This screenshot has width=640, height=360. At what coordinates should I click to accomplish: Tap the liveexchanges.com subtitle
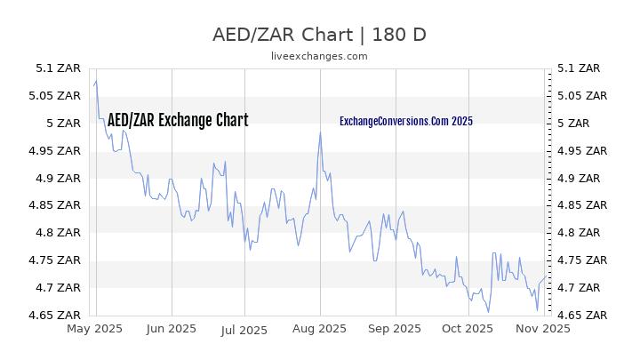319,55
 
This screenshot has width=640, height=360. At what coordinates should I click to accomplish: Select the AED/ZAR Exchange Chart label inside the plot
178,121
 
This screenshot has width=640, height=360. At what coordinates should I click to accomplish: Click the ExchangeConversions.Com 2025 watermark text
406,121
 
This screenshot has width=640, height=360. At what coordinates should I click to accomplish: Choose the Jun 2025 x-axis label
171,329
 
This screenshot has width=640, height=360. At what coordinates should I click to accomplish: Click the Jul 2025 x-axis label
244,329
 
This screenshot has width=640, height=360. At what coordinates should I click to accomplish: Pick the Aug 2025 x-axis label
319,329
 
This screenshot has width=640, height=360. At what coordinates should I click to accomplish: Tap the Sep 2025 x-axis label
394,329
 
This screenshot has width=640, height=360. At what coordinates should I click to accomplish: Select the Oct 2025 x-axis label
468,329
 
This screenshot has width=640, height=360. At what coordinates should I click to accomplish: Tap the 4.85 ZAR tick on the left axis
58,205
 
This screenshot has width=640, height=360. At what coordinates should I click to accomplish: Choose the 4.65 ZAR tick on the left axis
58,316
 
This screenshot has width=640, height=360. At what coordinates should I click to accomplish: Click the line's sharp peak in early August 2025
319,132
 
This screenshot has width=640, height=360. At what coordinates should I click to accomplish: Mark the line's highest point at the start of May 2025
96,81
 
